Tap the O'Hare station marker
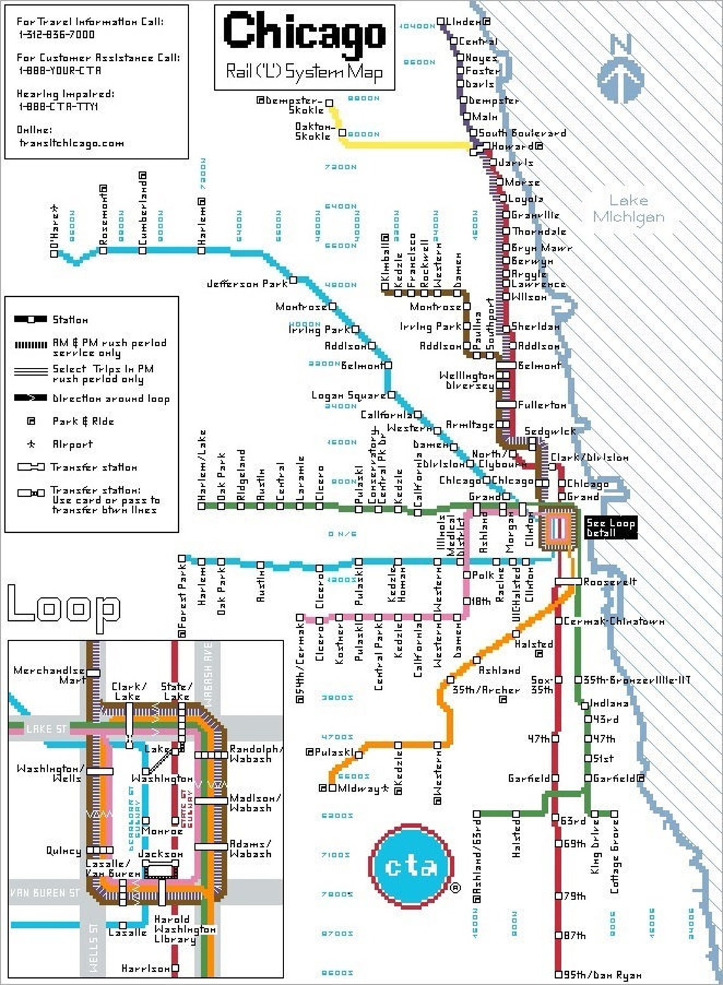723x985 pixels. [54, 254]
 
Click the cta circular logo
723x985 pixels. [412, 866]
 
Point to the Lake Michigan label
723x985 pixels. [628, 209]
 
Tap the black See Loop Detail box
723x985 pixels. [610, 527]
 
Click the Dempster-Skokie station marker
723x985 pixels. [329, 102]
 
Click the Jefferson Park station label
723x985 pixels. [247, 284]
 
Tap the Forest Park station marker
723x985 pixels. [182, 559]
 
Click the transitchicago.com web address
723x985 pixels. [71, 143]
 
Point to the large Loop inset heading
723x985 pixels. [63, 607]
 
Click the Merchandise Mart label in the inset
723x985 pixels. [49, 675]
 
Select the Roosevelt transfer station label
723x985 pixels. [609, 582]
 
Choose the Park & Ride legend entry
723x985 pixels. [82, 421]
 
